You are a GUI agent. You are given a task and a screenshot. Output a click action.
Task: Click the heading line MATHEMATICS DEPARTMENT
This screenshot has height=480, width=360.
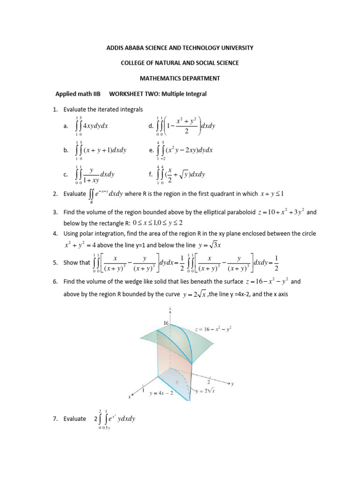[x=180, y=78]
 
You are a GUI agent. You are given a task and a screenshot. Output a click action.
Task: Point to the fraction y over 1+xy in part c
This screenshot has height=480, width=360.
[x=92, y=175]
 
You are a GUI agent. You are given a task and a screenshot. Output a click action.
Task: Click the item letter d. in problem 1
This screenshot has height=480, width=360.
[x=150, y=126]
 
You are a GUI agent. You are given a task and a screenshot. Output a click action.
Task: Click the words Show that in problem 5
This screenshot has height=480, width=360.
[x=76, y=262]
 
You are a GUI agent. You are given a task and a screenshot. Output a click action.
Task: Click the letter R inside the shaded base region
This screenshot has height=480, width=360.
[x=177, y=382]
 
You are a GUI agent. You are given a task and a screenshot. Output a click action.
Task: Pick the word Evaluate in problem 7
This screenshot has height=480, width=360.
[x=75, y=419]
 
